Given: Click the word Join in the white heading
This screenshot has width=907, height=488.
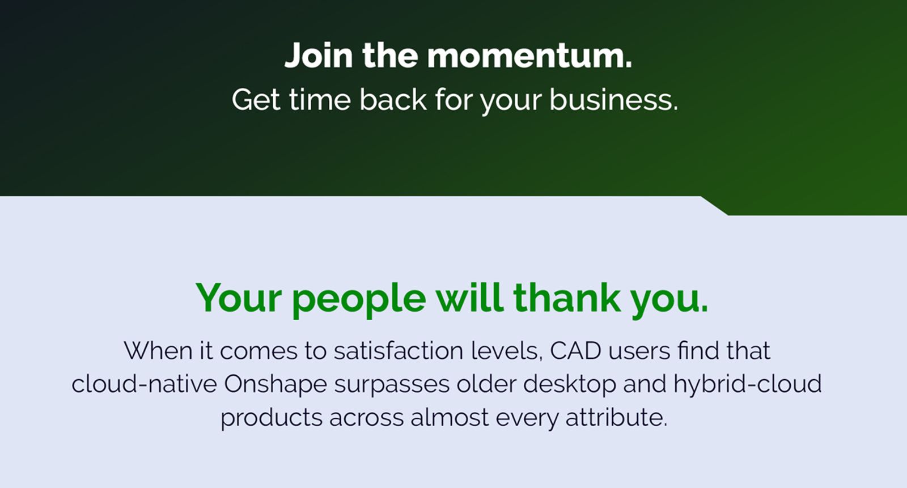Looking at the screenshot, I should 319,56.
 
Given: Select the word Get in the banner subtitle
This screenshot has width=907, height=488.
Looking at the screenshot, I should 256,100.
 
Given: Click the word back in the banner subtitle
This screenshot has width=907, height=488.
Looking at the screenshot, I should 393,100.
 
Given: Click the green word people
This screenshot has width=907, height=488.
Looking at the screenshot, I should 359,299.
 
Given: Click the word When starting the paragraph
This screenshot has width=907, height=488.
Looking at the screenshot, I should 158,351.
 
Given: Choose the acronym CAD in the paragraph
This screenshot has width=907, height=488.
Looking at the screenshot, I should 575,351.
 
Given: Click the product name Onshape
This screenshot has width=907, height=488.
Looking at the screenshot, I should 276,384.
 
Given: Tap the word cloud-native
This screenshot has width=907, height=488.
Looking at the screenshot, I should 144,384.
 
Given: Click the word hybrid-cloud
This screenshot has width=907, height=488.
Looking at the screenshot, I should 747,384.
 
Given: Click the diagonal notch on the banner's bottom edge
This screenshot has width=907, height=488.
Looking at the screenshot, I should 714,206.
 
